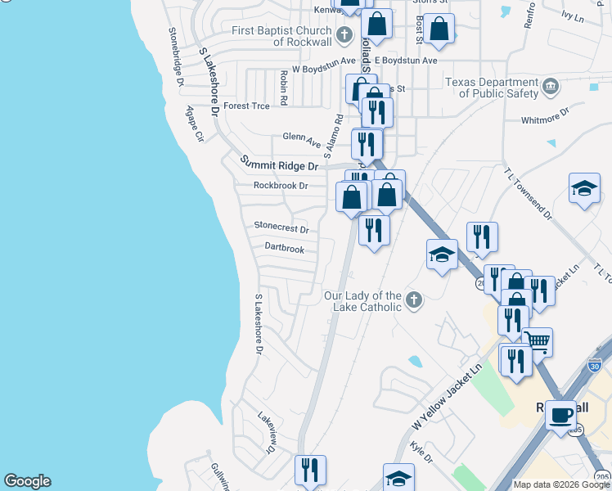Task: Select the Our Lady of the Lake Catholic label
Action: click(x=362, y=301)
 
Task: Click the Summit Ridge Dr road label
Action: click(x=278, y=164)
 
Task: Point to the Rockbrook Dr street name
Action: click(x=280, y=186)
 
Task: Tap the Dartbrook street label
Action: click(x=284, y=248)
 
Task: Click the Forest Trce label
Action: click(x=246, y=106)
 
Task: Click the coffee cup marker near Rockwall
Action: click(x=561, y=415)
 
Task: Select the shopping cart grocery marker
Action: click(x=537, y=340)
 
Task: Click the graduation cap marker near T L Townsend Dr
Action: click(x=584, y=187)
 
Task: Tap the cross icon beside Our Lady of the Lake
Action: click(x=414, y=300)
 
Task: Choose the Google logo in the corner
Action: click(x=27, y=481)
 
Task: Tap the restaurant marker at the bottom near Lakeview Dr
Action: click(x=310, y=470)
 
